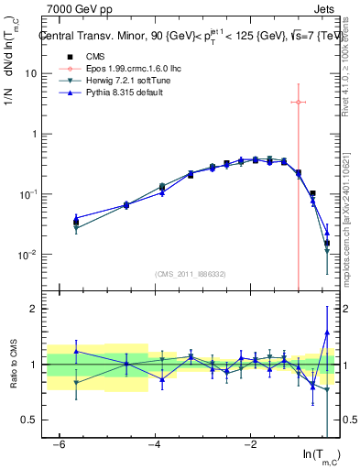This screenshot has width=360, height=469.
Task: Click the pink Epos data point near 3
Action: (x=299, y=102)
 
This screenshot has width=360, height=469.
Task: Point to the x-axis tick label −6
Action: (x=59, y=444)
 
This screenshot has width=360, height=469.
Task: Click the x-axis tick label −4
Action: (x=155, y=444)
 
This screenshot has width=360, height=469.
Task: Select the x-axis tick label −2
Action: (x=250, y=444)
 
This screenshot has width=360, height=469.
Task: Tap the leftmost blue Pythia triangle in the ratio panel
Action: (x=76, y=351)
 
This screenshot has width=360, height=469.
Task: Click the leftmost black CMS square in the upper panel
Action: (x=76, y=223)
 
